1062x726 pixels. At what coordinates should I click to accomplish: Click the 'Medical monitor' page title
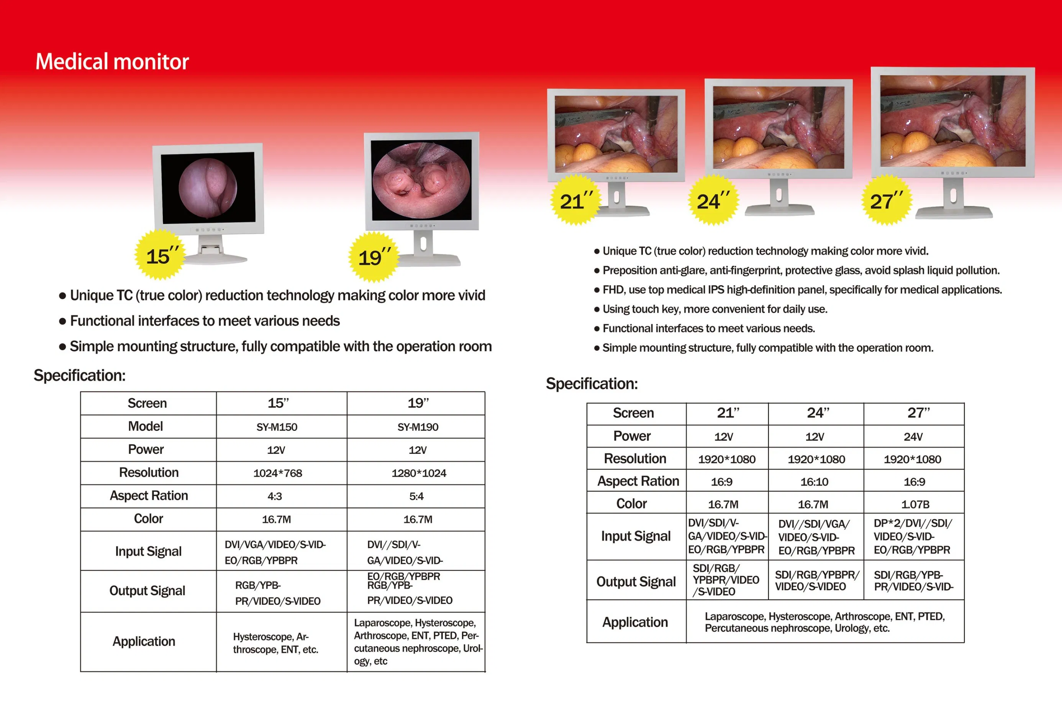point(112,62)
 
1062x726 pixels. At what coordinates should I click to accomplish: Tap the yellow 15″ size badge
point(160,255)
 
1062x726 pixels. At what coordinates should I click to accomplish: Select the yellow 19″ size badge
point(374,257)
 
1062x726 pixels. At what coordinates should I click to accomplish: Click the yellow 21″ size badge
point(575,200)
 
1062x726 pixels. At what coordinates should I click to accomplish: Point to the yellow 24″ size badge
point(713,200)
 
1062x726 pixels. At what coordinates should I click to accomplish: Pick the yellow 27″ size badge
point(886,200)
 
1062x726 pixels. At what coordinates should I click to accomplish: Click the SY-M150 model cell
point(277,427)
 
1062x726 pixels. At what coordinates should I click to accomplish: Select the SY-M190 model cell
point(418,427)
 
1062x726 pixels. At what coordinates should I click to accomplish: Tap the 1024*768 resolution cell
point(278,473)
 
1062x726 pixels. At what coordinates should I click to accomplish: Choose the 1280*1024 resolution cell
point(419,473)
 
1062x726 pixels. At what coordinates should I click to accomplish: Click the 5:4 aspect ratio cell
point(416,496)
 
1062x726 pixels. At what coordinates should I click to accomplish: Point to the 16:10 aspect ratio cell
point(815,482)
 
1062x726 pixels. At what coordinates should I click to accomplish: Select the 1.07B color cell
point(915,504)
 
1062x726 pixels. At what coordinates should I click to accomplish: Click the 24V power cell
point(913,437)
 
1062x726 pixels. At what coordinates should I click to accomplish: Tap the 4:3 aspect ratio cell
point(275,496)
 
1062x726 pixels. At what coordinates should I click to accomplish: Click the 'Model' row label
point(145,427)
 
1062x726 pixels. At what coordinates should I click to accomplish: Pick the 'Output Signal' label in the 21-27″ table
point(636,581)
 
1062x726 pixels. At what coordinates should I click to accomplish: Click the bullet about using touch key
point(714,309)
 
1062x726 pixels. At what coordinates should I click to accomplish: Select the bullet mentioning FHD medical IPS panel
point(801,290)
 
